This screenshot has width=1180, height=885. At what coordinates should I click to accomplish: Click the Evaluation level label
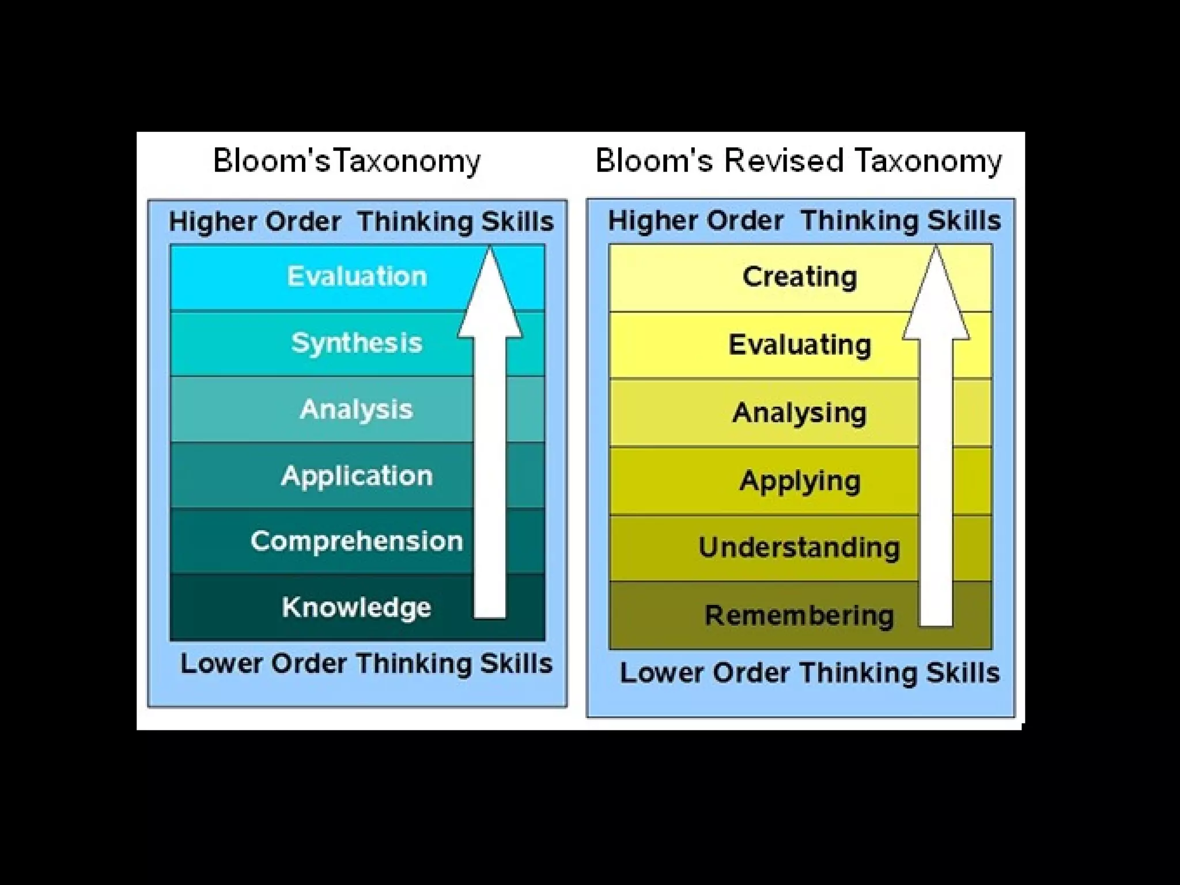(x=357, y=277)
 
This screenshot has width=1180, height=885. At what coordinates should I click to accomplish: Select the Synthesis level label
(x=357, y=343)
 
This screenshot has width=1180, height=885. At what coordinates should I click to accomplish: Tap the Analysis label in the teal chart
(x=357, y=409)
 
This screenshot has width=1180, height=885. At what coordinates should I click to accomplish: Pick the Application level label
(x=357, y=476)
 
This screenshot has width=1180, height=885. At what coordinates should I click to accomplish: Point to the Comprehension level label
(x=357, y=541)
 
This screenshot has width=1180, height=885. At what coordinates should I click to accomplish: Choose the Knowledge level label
(x=357, y=607)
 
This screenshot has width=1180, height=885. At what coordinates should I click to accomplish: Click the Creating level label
(x=800, y=277)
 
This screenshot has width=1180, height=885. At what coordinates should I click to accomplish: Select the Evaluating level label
(x=800, y=345)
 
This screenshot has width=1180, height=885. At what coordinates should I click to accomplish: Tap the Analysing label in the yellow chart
(x=800, y=413)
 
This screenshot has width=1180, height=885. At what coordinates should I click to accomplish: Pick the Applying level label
(x=800, y=481)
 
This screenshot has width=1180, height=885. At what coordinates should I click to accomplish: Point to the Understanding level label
(x=799, y=547)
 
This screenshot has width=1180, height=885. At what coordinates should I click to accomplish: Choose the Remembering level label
(x=799, y=615)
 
